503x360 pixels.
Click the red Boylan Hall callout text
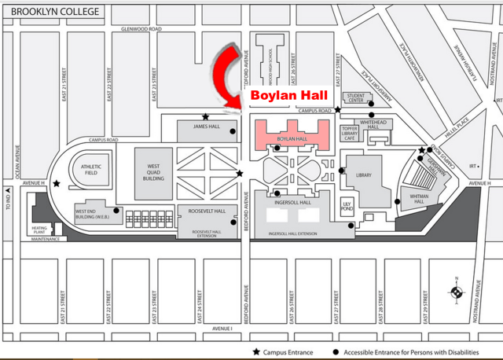pyautogui.click(x=288, y=95)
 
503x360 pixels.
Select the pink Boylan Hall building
pyautogui.click(x=292, y=133)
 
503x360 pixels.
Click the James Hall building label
pyautogui.click(x=205, y=127)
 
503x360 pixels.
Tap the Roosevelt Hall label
pyautogui.click(x=207, y=211)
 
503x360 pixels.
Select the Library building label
pyautogui.click(x=363, y=175)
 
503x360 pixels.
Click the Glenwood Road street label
pyautogui.click(x=141, y=29)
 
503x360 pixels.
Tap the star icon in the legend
pyautogui.click(x=255, y=352)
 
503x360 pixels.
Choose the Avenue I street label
pyautogui.click(x=222, y=329)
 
